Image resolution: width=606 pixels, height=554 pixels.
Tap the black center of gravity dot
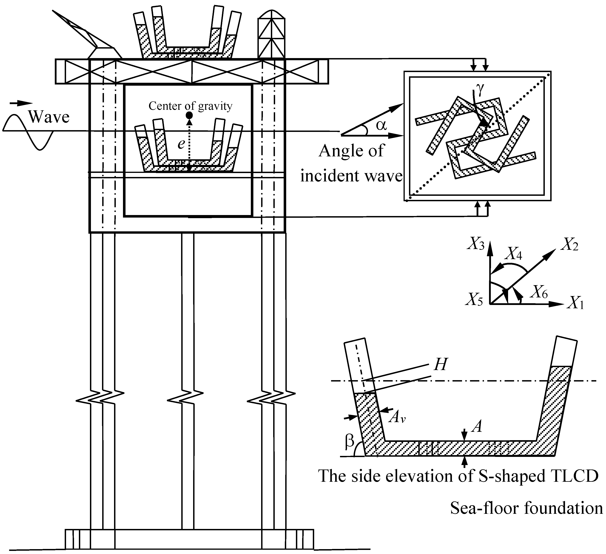[x=189, y=115]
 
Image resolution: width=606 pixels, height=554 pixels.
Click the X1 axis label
[x=575, y=304]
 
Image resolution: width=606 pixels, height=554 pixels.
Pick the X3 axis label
[x=476, y=244]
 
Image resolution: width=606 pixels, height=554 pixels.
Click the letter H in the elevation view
[x=440, y=365]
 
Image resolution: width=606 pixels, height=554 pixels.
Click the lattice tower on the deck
[x=271, y=35]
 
